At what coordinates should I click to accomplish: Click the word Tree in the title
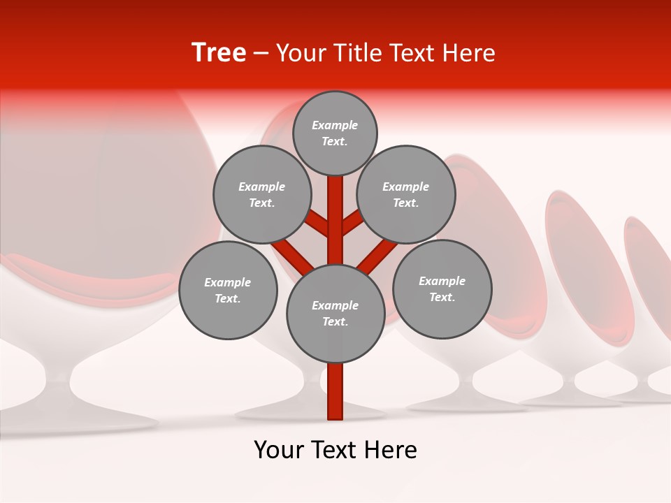(219, 52)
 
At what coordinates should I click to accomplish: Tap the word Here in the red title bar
(471, 53)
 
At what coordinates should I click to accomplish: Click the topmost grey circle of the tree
(335, 133)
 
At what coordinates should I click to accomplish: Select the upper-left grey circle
(262, 194)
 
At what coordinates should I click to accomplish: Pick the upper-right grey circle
(406, 194)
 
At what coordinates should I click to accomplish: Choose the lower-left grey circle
(228, 290)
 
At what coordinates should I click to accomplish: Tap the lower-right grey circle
(442, 289)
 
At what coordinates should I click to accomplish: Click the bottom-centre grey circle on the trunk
(335, 313)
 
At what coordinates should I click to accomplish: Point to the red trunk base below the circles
(335, 391)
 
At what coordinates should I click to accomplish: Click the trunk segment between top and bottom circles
(335, 220)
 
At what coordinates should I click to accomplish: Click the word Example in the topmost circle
(335, 125)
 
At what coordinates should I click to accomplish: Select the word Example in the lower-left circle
(227, 282)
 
